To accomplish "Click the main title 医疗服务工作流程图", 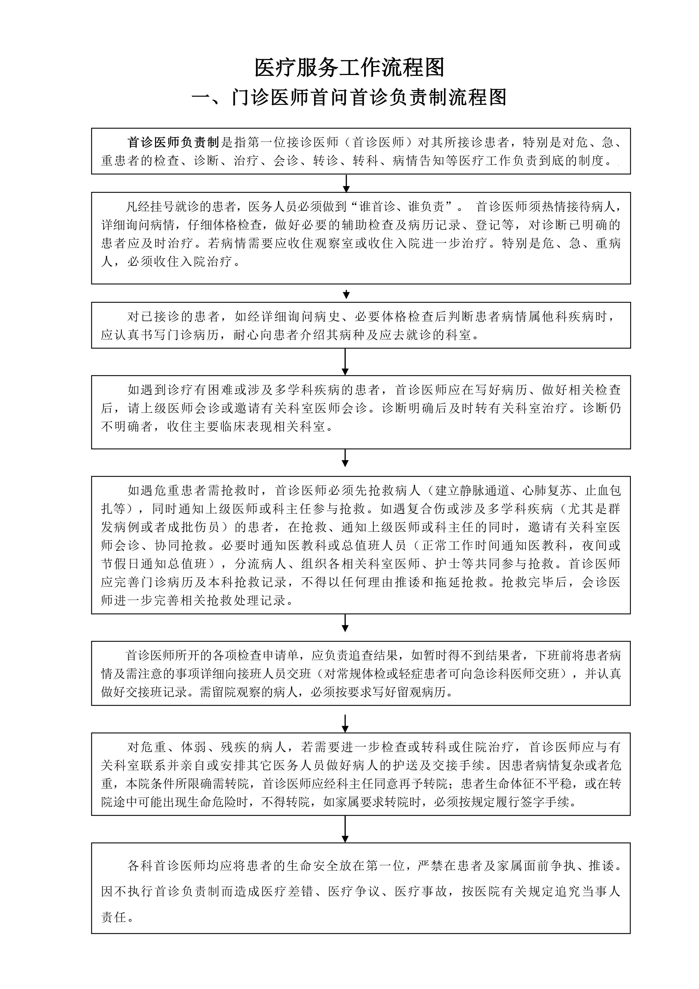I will pos(349,68).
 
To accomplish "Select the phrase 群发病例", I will pos(607,509).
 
